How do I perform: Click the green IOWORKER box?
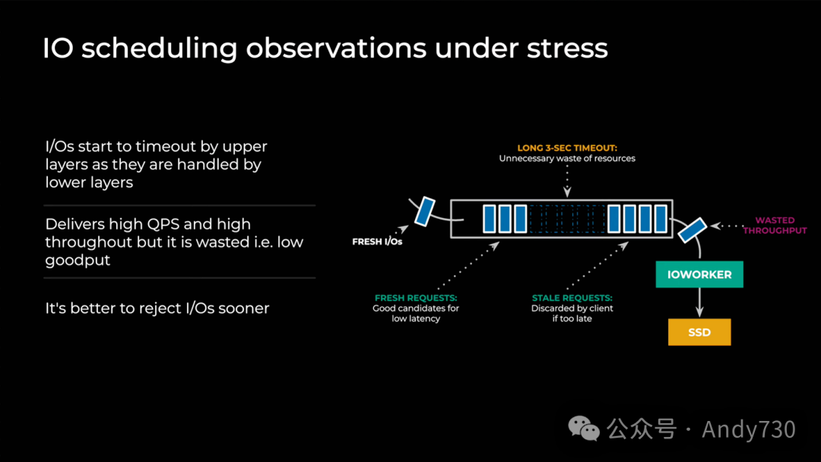coord(699,274)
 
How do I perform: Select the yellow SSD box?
coord(699,332)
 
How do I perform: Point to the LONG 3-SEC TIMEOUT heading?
coord(566,147)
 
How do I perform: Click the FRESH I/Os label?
coord(377,242)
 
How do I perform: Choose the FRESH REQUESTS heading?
coord(415,298)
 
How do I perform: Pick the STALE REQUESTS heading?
coord(572,298)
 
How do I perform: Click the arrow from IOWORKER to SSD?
coord(699,302)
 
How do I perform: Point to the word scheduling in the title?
coord(160,49)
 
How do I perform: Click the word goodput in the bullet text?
coord(78,260)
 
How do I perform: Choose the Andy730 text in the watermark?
coord(748,429)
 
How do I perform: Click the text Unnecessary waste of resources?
coord(566,159)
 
